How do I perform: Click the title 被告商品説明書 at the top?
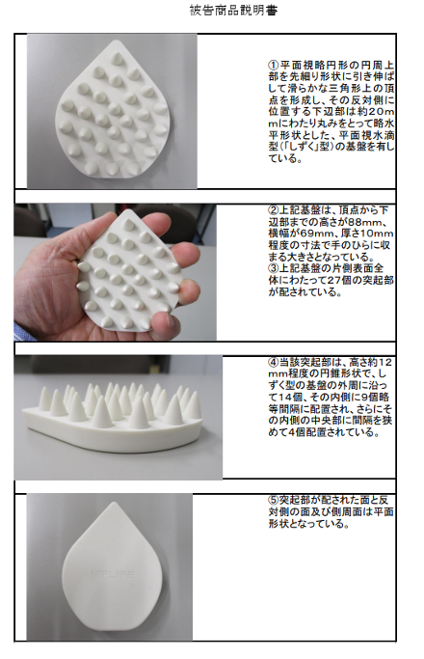pyautogui.click(x=233, y=10)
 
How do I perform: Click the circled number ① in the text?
pyautogui.click(x=274, y=66)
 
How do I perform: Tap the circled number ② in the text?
pyautogui.click(x=274, y=209)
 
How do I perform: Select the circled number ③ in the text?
pyautogui.click(x=274, y=268)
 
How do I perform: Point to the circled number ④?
pyautogui.click(x=274, y=362)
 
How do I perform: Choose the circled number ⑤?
pyautogui.click(x=274, y=500)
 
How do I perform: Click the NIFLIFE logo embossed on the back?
pyautogui.click(x=113, y=574)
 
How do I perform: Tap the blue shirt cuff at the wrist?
pyautogui.click(x=18, y=332)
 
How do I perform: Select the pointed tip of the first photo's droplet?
pyautogui.click(x=117, y=41)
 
